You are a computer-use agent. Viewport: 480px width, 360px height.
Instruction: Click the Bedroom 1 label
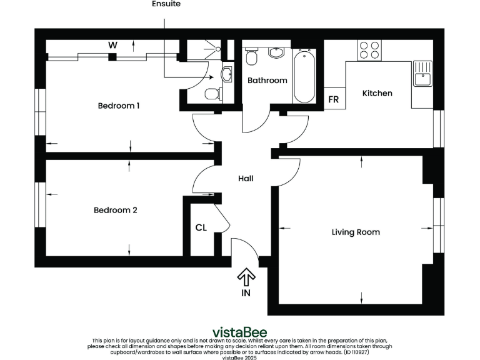(118, 106)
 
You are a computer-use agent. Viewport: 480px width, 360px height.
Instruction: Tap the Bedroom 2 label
(115, 210)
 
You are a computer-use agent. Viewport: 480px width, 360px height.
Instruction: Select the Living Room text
(355, 232)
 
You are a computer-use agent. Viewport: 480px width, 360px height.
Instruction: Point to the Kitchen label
(377, 93)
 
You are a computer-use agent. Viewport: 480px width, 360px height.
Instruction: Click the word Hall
(246, 179)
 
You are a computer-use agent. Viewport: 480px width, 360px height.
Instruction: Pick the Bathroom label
(267, 81)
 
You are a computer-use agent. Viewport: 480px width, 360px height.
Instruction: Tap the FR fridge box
(334, 100)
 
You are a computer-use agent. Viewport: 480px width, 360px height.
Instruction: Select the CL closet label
(201, 227)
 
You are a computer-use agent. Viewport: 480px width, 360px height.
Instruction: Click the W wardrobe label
(112, 45)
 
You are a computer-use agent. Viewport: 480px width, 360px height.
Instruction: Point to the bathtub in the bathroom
(304, 76)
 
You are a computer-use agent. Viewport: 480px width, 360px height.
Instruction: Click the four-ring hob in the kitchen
(369, 50)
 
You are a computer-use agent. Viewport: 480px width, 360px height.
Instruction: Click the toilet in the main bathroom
(251, 57)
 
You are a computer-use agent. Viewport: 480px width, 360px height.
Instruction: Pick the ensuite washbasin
(227, 74)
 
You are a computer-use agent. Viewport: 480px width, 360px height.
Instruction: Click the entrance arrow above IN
(246, 275)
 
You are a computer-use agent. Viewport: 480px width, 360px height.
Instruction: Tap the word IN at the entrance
(246, 292)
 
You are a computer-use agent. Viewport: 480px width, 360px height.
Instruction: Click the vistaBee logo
(240, 331)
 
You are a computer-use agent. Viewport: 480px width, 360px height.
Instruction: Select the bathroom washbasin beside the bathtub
(276, 52)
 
